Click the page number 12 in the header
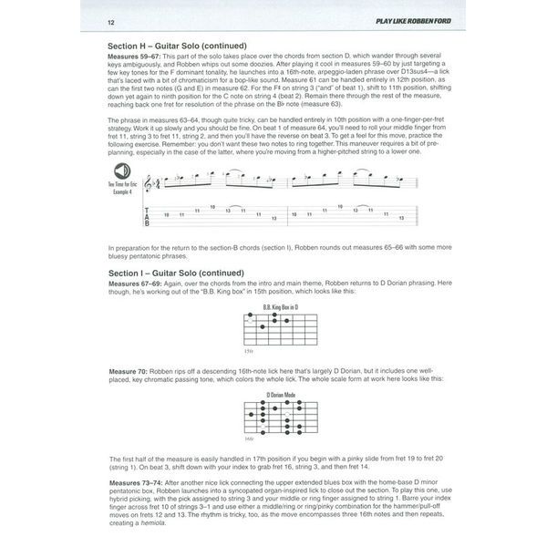point(111,21)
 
